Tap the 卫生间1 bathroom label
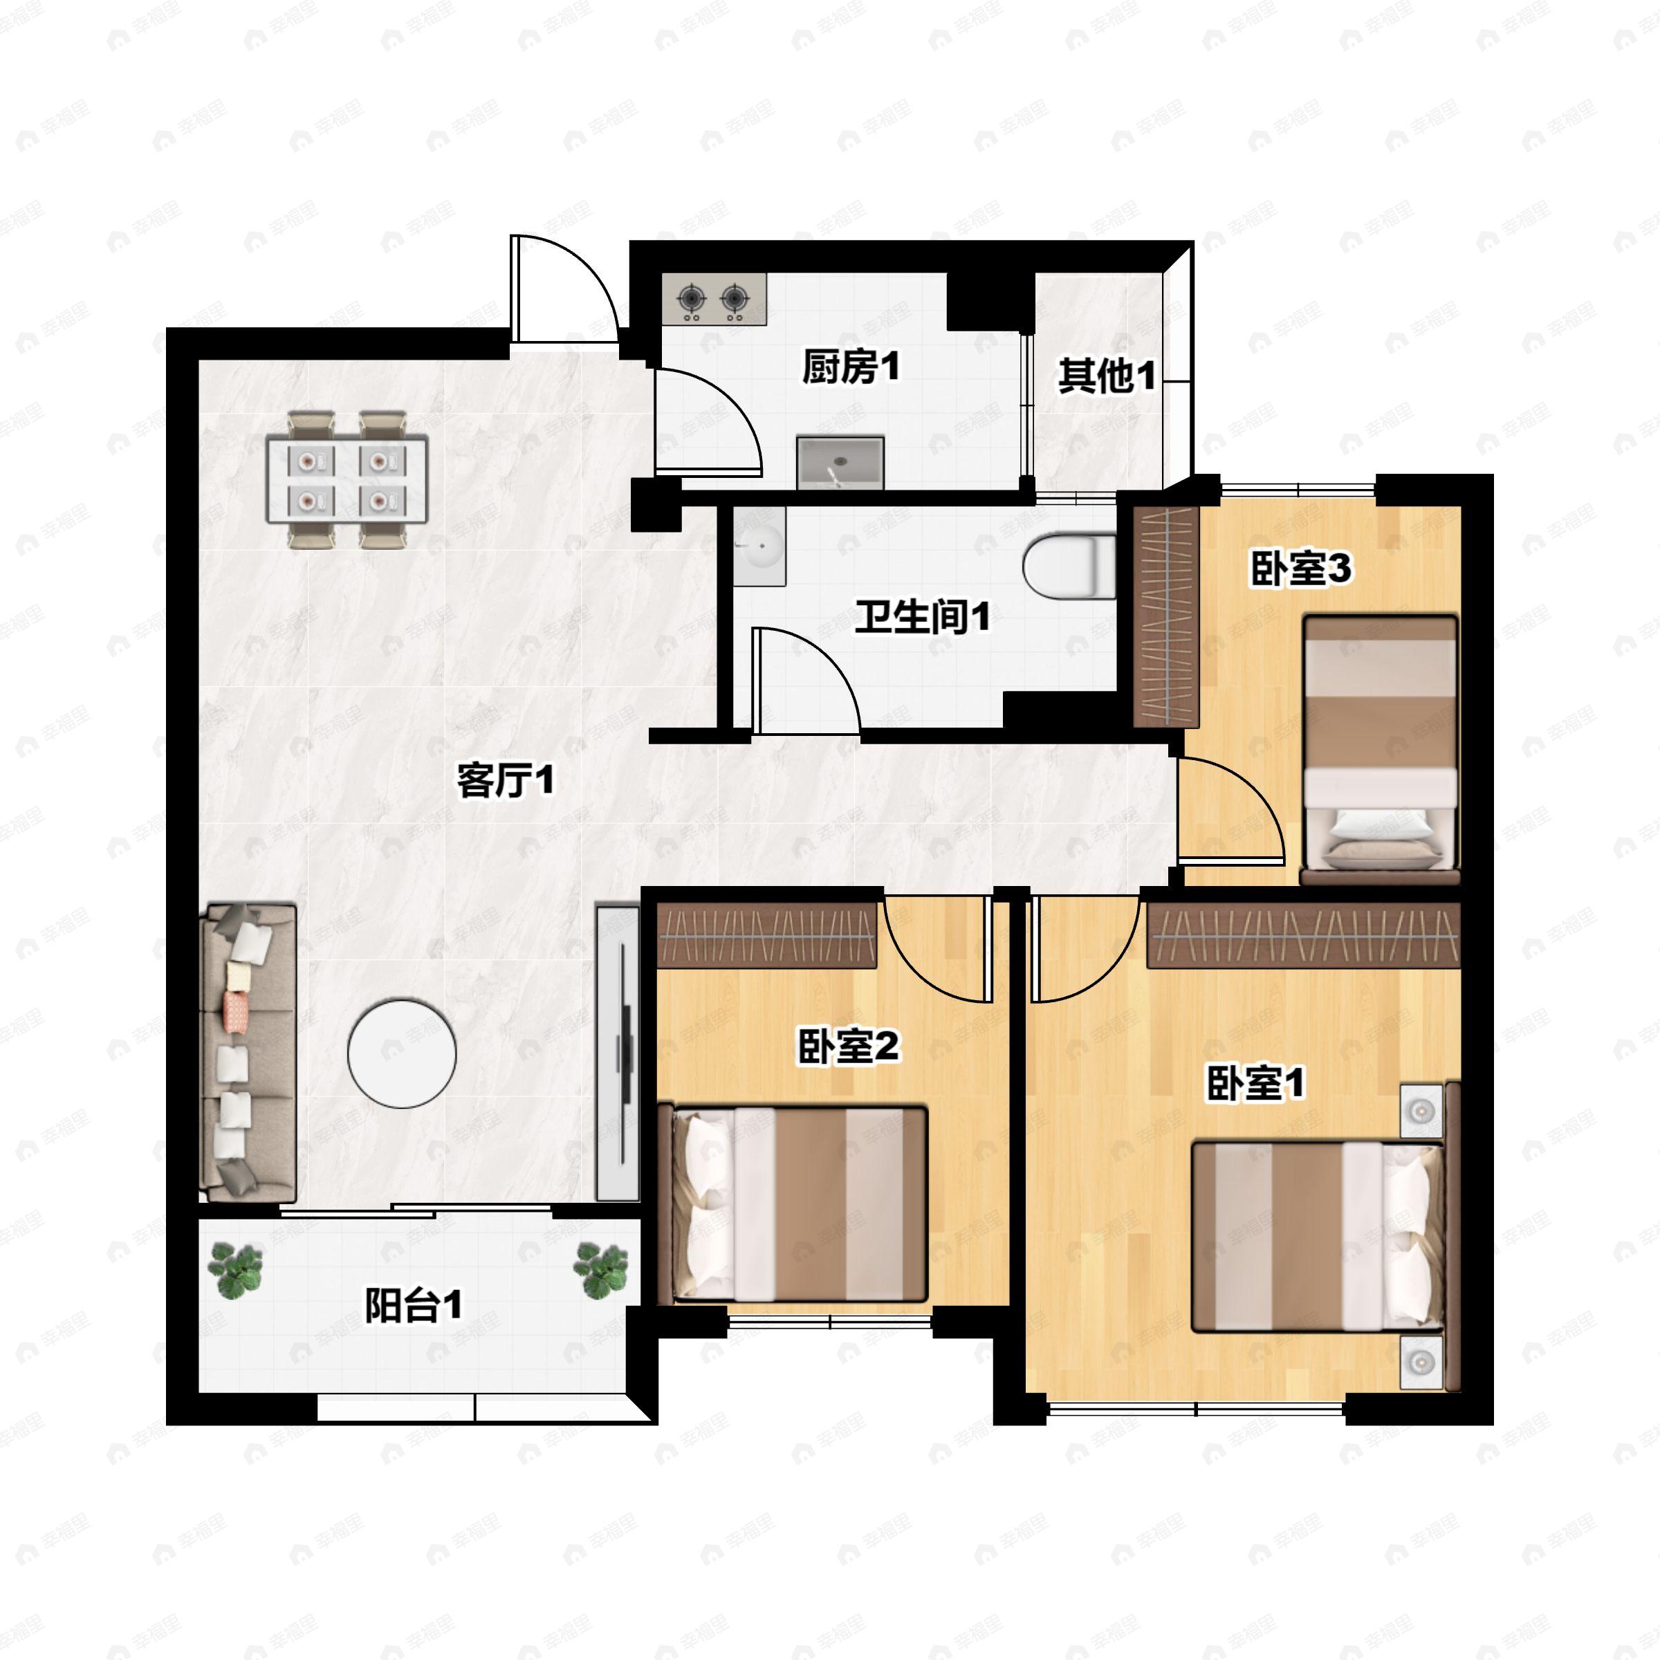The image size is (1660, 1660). tap(922, 617)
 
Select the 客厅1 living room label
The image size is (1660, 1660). tap(505, 780)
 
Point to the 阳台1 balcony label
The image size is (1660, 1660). tap(414, 1306)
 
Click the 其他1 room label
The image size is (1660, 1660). tap(1107, 376)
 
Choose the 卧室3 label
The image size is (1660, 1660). tap(1301, 568)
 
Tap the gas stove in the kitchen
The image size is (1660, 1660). tap(715, 299)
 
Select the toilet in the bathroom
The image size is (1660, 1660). tap(1069, 567)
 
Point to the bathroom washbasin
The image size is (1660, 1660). tap(759, 546)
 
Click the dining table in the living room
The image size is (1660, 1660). tap(347, 479)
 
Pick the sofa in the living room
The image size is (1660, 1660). tap(248, 1053)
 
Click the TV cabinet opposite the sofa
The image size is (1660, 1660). tap(618, 1051)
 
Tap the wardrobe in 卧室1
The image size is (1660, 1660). tap(1304, 935)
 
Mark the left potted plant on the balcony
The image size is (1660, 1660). tap(234, 1269)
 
